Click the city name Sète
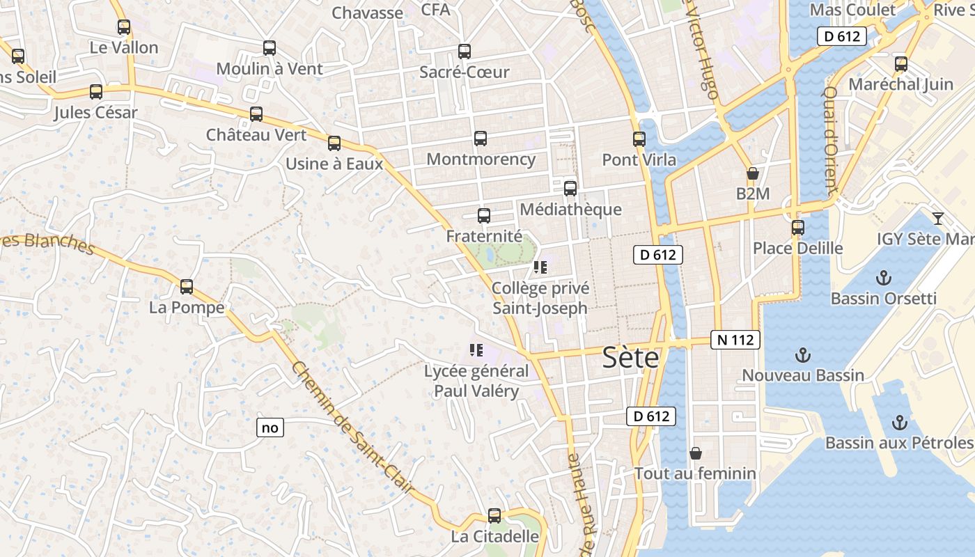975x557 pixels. (630, 358)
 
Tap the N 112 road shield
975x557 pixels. (735, 340)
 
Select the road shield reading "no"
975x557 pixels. (270, 427)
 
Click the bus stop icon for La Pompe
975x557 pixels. (187, 287)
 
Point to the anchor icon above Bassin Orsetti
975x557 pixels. (883, 278)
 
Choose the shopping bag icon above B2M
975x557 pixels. (752, 173)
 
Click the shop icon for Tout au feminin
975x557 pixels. (695, 453)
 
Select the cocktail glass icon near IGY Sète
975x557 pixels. (938, 219)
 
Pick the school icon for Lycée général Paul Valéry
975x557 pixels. (476, 350)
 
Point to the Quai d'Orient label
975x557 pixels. (830, 139)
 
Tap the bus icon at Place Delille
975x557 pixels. (798, 228)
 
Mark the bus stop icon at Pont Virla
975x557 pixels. (639, 139)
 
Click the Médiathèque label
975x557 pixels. (570, 209)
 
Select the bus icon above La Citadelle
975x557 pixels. (494, 516)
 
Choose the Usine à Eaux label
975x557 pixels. (334, 164)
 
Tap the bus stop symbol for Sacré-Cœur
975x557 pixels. (465, 52)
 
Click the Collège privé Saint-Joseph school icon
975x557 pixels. (540, 267)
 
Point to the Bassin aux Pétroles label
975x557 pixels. (898, 443)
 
